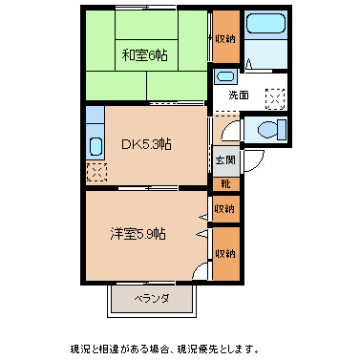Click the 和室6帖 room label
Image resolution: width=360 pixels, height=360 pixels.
click(144, 54)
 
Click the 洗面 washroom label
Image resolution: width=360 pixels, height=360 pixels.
click(239, 95)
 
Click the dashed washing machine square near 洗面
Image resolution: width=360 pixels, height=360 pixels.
click(274, 97)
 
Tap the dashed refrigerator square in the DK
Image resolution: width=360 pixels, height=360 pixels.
click(95, 172)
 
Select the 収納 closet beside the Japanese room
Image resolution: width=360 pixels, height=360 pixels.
click(226, 39)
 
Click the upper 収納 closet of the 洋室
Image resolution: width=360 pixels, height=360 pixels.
click(226, 208)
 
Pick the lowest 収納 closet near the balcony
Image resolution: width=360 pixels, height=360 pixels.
click(226, 254)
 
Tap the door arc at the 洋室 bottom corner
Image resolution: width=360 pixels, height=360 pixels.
click(201, 271)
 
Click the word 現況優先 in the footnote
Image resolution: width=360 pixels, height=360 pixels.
click(229, 349)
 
